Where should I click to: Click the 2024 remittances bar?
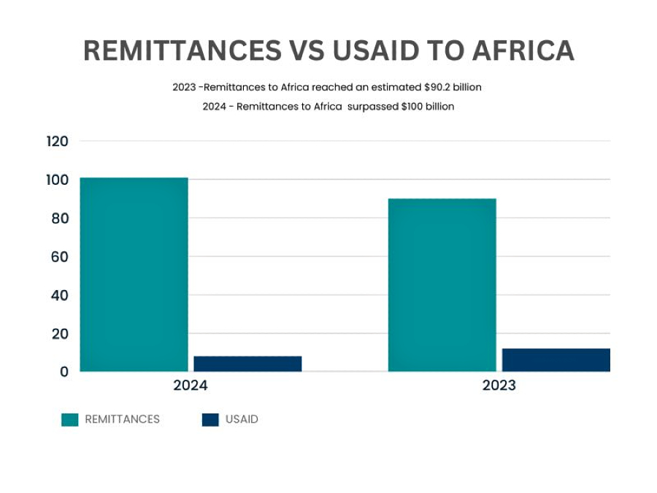[134, 275]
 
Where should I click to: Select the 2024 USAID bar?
[247, 364]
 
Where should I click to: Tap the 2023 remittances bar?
[442, 285]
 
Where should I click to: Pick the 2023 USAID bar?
[556, 360]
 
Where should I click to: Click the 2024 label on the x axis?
[191, 386]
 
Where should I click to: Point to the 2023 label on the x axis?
[499, 386]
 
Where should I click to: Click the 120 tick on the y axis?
[57, 142]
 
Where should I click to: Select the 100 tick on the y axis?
[57, 180]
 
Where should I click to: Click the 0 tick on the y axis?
[64, 372]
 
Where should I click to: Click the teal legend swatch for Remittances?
[69, 420]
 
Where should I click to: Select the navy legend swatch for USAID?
[210, 420]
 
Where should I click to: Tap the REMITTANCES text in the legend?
[122, 420]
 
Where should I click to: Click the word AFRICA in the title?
[522, 50]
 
